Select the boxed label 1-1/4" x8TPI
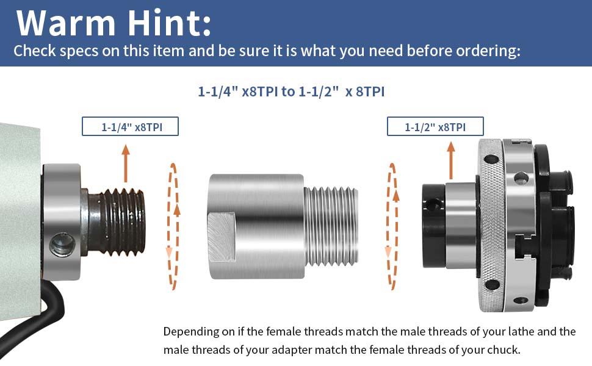[x=130, y=126]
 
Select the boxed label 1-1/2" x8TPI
[x=435, y=126]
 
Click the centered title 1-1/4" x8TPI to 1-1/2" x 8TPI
[x=291, y=91]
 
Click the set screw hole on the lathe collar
[x=60, y=246]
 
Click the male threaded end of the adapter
[x=330, y=226]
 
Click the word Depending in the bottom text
[x=189, y=332]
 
